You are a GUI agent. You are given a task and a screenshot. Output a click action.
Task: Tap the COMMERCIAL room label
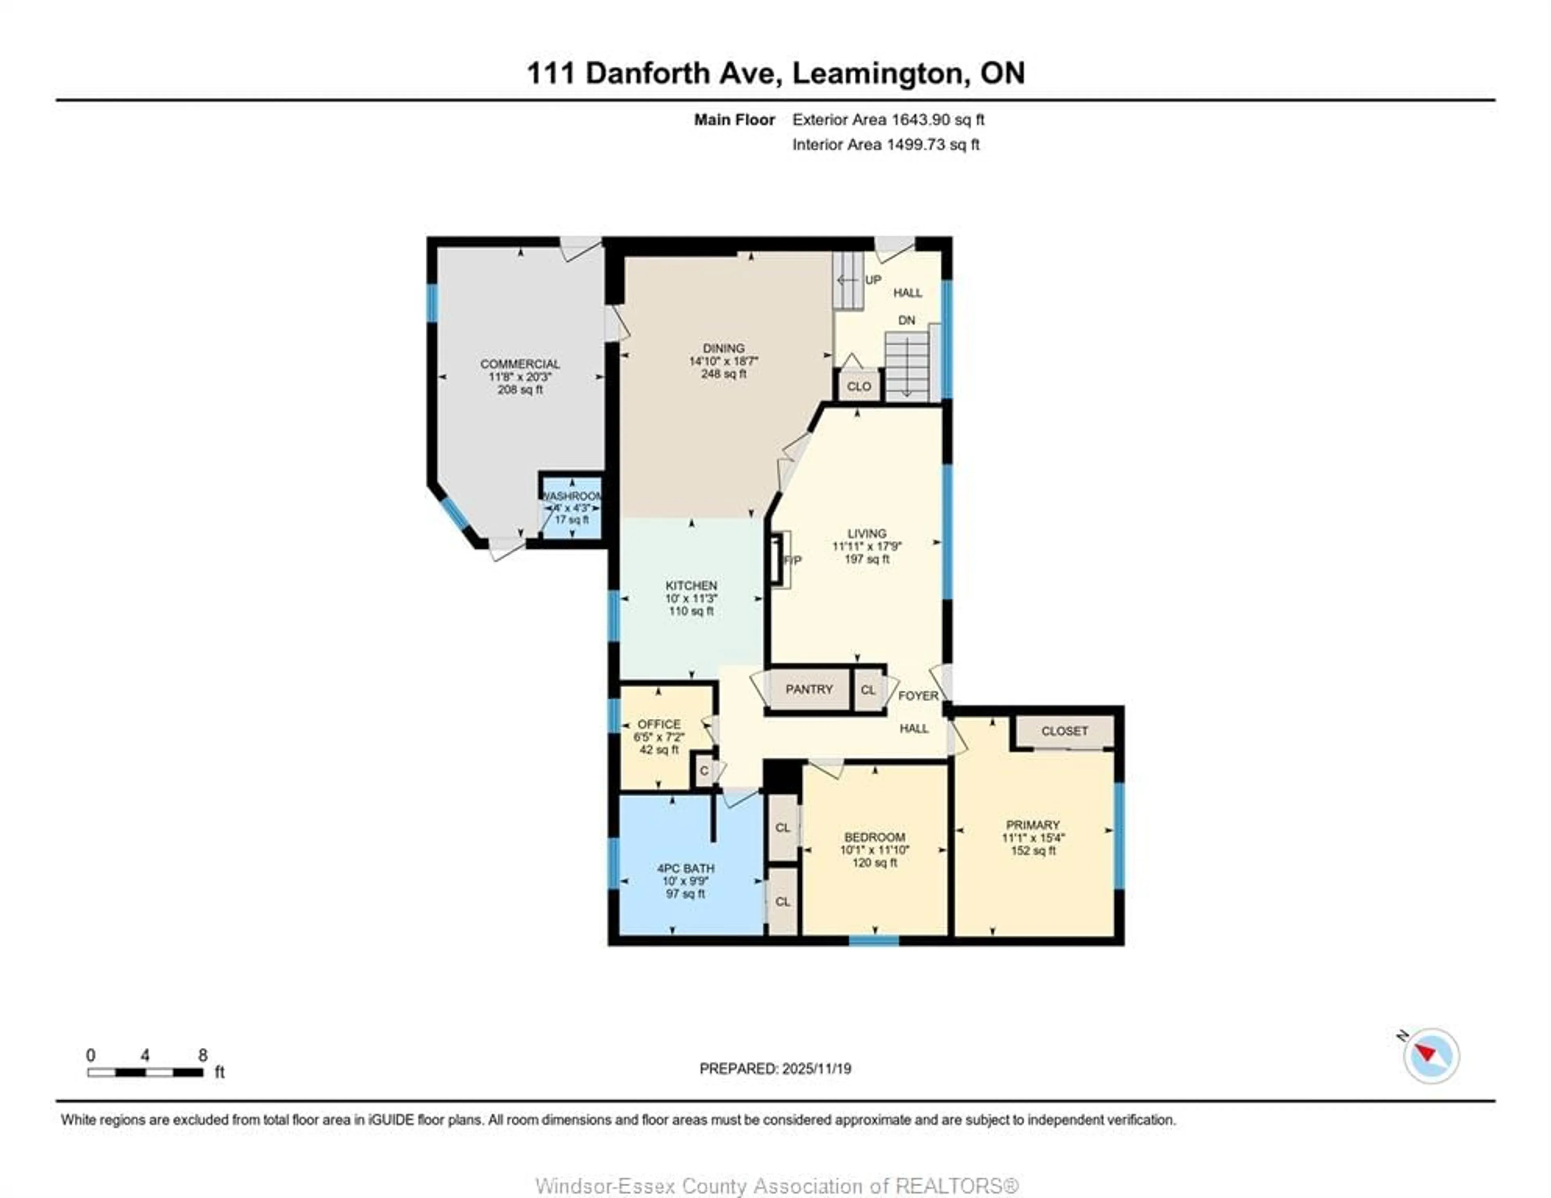click(x=520, y=363)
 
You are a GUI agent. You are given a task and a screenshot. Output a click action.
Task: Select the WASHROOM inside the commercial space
click(x=572, y=507)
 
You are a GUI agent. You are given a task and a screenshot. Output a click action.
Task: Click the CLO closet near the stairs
click(x=859, y=386)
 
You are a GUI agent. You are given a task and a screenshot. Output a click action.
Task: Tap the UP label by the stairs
click(x=873, y=280)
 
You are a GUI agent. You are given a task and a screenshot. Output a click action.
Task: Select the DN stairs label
click(x=906, y=320)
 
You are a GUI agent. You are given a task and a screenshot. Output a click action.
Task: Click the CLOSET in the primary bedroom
click(x=1064, y=731)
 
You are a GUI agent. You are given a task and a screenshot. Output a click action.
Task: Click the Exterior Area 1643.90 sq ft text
click(x=888, y=120)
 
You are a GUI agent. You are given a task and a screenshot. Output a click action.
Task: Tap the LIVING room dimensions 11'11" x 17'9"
click(x=866, y=546)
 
